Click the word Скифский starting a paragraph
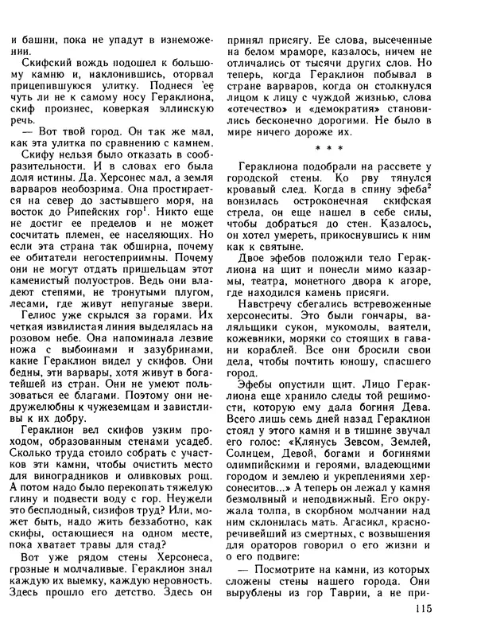click(41, 63)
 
